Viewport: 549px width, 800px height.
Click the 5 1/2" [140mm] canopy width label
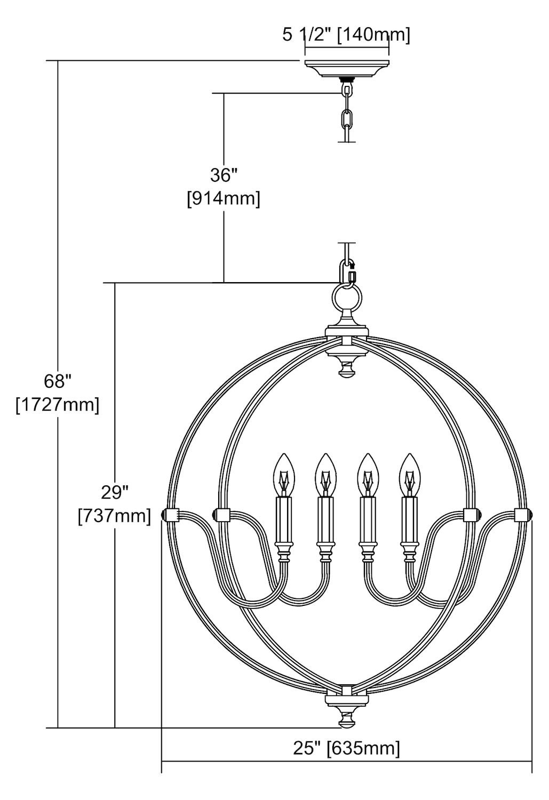[346, 35]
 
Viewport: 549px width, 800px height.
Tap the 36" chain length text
[224, 175]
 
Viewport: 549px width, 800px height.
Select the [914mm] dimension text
[224, 198]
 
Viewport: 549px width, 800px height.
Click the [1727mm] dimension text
[58, 405]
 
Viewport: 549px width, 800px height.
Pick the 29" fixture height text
[115, 493]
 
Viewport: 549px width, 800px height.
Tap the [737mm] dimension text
[114, 516]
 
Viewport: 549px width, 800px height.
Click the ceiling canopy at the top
[347, 69]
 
